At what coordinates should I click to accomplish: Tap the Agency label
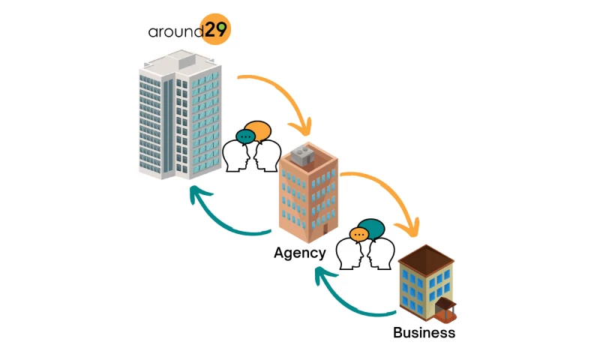[x=299, y=253]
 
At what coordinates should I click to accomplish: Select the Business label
[x=424, y=332]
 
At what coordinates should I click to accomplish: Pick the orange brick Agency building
[x=308, y=191]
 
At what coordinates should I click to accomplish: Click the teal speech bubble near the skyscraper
[x=245, y=136]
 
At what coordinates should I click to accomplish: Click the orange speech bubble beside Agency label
[x=358, y=235]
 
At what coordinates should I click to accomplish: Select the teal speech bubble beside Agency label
[x=372, y=227]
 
